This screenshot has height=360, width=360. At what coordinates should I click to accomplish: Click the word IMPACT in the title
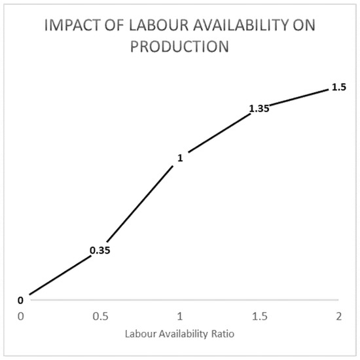click(x=67, y=27)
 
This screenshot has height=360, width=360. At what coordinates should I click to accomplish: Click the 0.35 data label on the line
click(x=99, y=251)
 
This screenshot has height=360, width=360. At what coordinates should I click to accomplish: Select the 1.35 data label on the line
click(x=259, y=109)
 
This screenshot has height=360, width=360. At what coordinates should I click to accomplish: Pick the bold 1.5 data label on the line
click(x=338, y=87)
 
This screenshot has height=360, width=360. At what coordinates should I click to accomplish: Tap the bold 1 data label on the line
click(x=180, y=158)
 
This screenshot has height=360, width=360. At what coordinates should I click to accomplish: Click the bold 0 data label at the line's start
click(x=20, y=300)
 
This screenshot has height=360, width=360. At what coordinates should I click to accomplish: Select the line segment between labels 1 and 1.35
click(x=216, y=134)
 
